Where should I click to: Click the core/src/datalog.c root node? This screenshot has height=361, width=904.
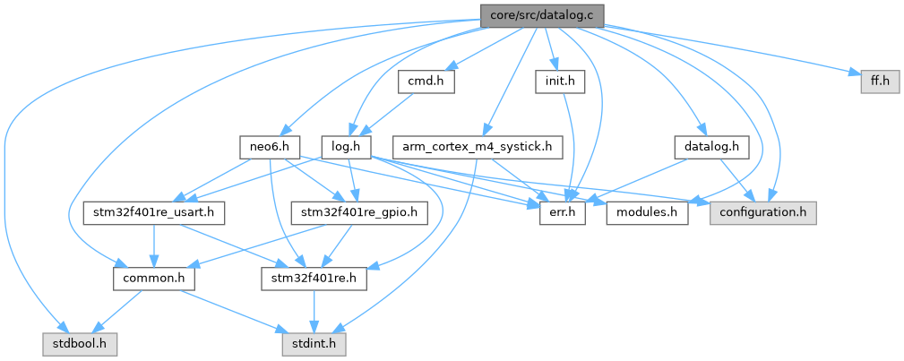(x=542, y=15)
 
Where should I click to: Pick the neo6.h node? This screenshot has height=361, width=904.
(x=269, y=146)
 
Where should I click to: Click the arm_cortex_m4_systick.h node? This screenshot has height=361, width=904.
(x=477, y=146)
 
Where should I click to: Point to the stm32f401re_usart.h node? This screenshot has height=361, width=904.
(x=153, y=213)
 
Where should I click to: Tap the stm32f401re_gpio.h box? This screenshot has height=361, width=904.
(x=359, y=213)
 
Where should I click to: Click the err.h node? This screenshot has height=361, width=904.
(x=561, y=213)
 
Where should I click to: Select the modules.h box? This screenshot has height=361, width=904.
(x=647, y=213)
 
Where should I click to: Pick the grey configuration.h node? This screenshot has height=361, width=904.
(x=763, y=213)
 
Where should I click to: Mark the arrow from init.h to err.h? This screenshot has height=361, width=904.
(x=564, y=148)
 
